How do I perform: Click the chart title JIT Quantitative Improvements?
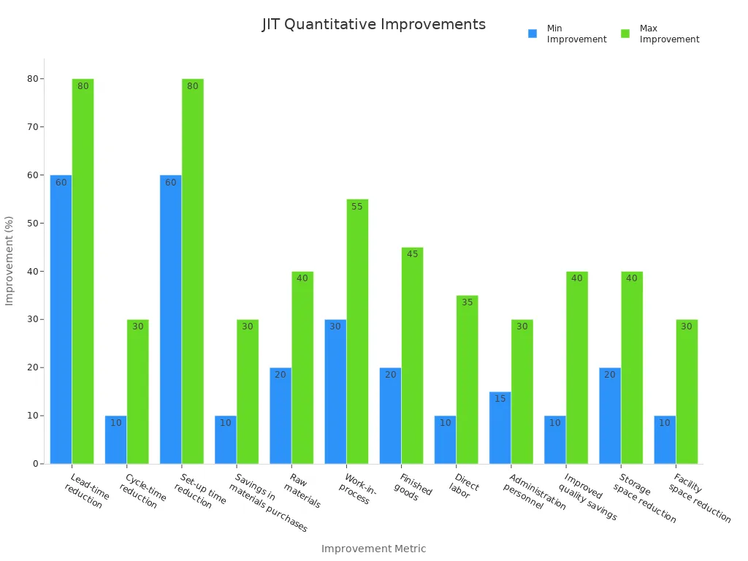373,24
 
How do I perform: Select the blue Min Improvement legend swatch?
533,34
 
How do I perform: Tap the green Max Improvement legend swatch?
625,34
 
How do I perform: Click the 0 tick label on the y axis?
35,464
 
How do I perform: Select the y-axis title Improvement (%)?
9,261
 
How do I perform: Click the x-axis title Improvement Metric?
373,549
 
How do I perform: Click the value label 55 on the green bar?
357,207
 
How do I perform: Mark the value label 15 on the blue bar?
500,399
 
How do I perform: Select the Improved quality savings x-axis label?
589,497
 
